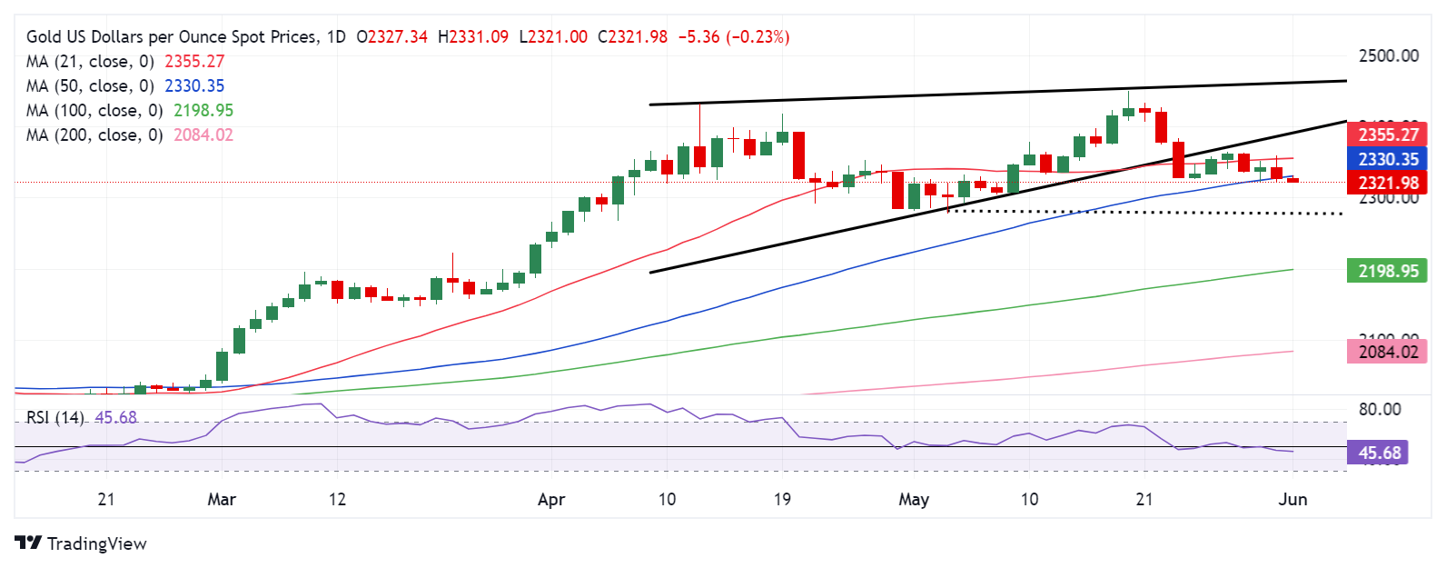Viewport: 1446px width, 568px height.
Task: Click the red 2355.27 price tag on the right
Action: coord(1388,135)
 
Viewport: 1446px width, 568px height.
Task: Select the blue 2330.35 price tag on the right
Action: coord(1388,159)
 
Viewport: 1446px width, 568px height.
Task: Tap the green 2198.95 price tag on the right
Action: coord(1388,271)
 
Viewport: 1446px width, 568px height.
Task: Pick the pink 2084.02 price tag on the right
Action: coord(1388,351)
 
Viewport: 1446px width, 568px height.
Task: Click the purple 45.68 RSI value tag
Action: coord(1379,453)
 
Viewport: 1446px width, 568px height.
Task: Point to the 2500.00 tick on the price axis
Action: coord(1388,55)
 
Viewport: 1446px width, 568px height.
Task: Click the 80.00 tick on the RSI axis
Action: coord(1379,409)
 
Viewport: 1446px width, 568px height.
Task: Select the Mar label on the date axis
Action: coord(222,499)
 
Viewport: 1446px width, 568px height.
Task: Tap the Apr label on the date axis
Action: coord(551,499)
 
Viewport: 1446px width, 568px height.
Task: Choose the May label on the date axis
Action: coord(914,499)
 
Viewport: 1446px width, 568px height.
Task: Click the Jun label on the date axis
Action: coord(1292,499)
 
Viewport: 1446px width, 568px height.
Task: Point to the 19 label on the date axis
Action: coord(782,499)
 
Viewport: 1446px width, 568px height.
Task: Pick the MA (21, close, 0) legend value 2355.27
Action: coord(194,61)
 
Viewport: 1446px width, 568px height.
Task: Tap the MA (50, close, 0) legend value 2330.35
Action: coord(194,85)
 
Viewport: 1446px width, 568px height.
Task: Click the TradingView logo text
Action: coord(96,543)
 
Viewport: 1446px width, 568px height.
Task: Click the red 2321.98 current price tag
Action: coord(1388,183)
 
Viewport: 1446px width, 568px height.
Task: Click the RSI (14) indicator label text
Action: coord(55,417)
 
